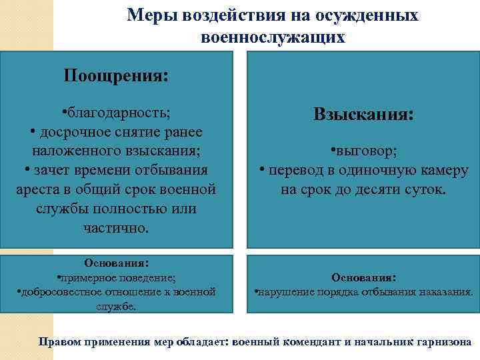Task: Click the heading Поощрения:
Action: click(x=116, y=75)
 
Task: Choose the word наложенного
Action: click(x=71, y=150)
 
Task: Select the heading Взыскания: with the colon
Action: click(x=363, y=115)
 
